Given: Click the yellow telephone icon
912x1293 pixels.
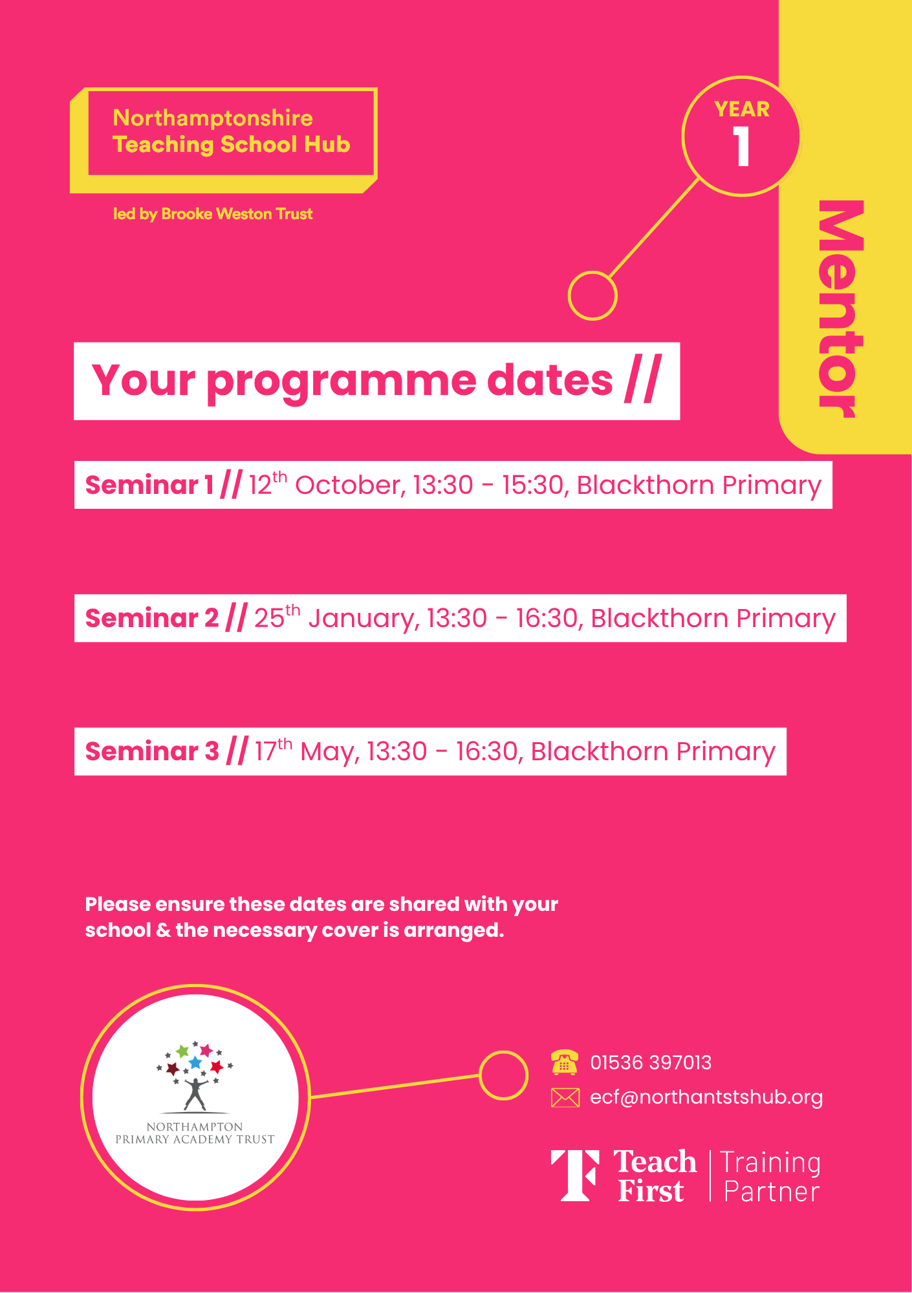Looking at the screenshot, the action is [x=565, y=1062].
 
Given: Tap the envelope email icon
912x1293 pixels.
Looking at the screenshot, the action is [x=565, y=1098].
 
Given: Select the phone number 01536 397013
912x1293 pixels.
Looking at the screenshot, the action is [x=651, y=1062].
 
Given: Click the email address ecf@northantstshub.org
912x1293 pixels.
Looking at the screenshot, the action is [x=706, y=1097].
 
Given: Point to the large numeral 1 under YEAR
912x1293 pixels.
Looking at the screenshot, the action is [x=741, y=146].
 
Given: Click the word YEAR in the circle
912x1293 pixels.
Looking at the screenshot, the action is [x=742, y=109].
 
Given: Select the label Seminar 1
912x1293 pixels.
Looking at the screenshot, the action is [x=149, y=485].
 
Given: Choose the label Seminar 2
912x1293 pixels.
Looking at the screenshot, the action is [x=152, y=618].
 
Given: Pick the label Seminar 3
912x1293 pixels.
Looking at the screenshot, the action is [x=152, y=751].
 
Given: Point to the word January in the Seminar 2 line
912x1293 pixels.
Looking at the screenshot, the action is [x=364, y=619].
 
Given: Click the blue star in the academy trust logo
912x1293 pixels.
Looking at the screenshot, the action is [x=195, y=1063].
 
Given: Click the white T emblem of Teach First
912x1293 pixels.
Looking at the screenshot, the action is [x=575, y=1175].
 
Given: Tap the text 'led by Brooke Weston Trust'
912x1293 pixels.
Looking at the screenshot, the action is [x=213, y=214].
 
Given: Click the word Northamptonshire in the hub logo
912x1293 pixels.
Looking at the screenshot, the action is [x=213, y=118].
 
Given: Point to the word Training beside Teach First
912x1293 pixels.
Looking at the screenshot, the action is [x=770, y=1163].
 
